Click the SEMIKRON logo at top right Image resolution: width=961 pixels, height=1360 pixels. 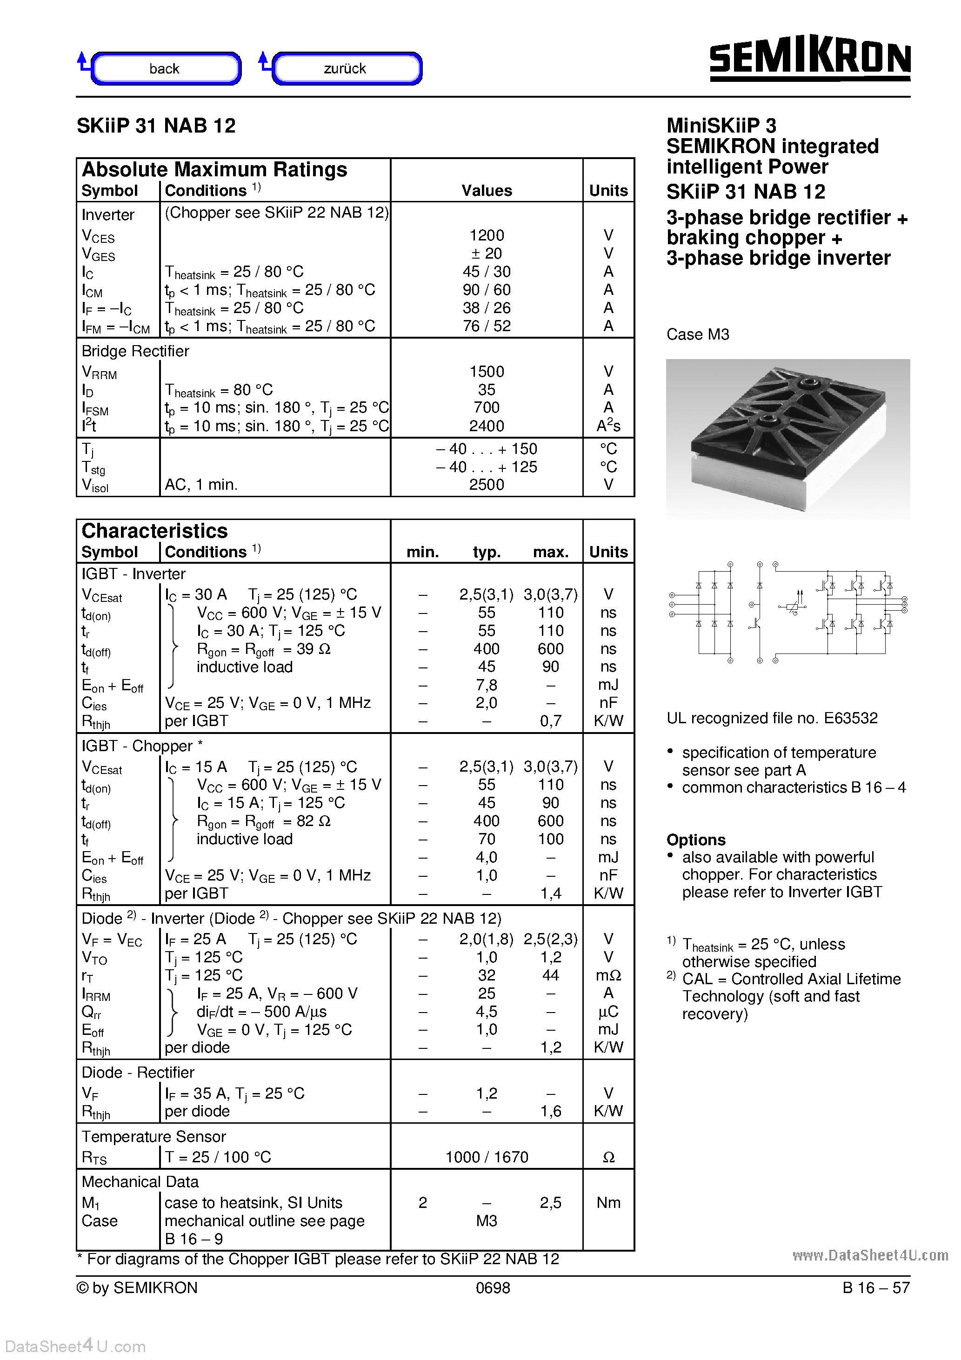[809, 59]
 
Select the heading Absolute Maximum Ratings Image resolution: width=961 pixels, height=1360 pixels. [214, 169]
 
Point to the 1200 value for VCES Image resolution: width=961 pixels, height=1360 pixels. [487, 235]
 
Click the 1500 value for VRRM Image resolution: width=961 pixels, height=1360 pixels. [487, 371]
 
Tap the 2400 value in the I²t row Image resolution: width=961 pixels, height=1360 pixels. [487, 426]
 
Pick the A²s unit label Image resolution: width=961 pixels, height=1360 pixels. [608, 426]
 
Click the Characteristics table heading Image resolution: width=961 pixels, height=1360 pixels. [154, 531]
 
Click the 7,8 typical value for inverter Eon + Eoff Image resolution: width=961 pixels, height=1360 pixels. [487, 685]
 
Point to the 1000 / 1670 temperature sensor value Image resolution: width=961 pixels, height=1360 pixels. [487, 1157]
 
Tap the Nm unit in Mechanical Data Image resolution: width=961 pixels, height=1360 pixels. [608, 1202]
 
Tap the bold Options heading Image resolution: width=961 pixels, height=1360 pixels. [695, 840]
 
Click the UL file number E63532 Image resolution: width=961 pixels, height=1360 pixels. [850, 719]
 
